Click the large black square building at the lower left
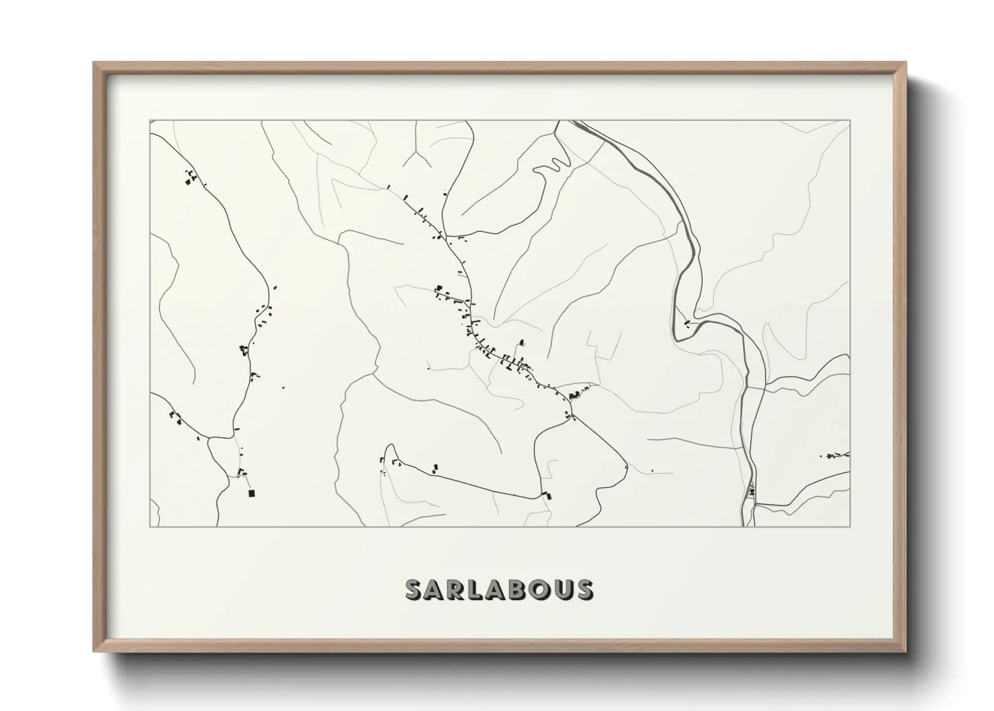point(252,493)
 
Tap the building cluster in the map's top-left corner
point(191,177)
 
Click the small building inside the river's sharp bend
point(686,323)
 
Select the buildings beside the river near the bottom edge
point(752,491)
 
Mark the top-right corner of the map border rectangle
point(850,120)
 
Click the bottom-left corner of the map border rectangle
point(150,526)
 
